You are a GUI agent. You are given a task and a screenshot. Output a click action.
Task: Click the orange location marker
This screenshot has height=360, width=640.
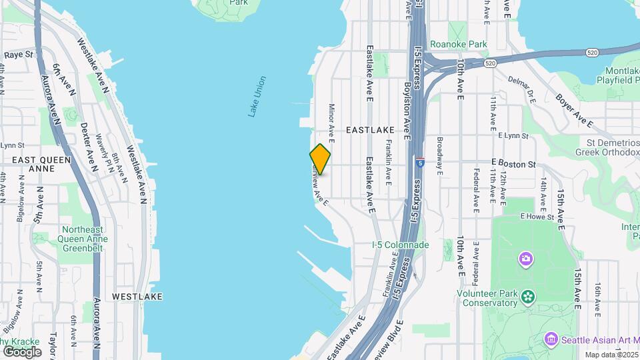tap(320, 160)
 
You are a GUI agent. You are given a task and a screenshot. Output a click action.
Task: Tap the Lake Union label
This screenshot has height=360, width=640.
tap(257, 97)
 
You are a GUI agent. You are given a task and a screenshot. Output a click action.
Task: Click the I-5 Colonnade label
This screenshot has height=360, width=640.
tap(400, 245)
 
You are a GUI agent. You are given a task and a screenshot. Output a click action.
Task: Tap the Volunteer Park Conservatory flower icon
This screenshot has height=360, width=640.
tap(528, 295)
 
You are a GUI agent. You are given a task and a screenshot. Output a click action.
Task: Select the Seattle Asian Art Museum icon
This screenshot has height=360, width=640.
tap(551, 339)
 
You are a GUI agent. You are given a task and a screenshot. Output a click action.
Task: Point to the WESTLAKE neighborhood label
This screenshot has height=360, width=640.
tap(137, 296)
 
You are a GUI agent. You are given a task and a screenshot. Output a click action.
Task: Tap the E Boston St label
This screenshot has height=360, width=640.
tap(513, 163)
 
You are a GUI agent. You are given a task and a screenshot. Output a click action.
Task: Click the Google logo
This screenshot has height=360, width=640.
tap(22, 351)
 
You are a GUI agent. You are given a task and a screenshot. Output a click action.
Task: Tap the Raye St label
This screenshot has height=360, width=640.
tap(19, 55)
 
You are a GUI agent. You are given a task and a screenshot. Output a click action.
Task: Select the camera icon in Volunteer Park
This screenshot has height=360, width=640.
tap(526, 258)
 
